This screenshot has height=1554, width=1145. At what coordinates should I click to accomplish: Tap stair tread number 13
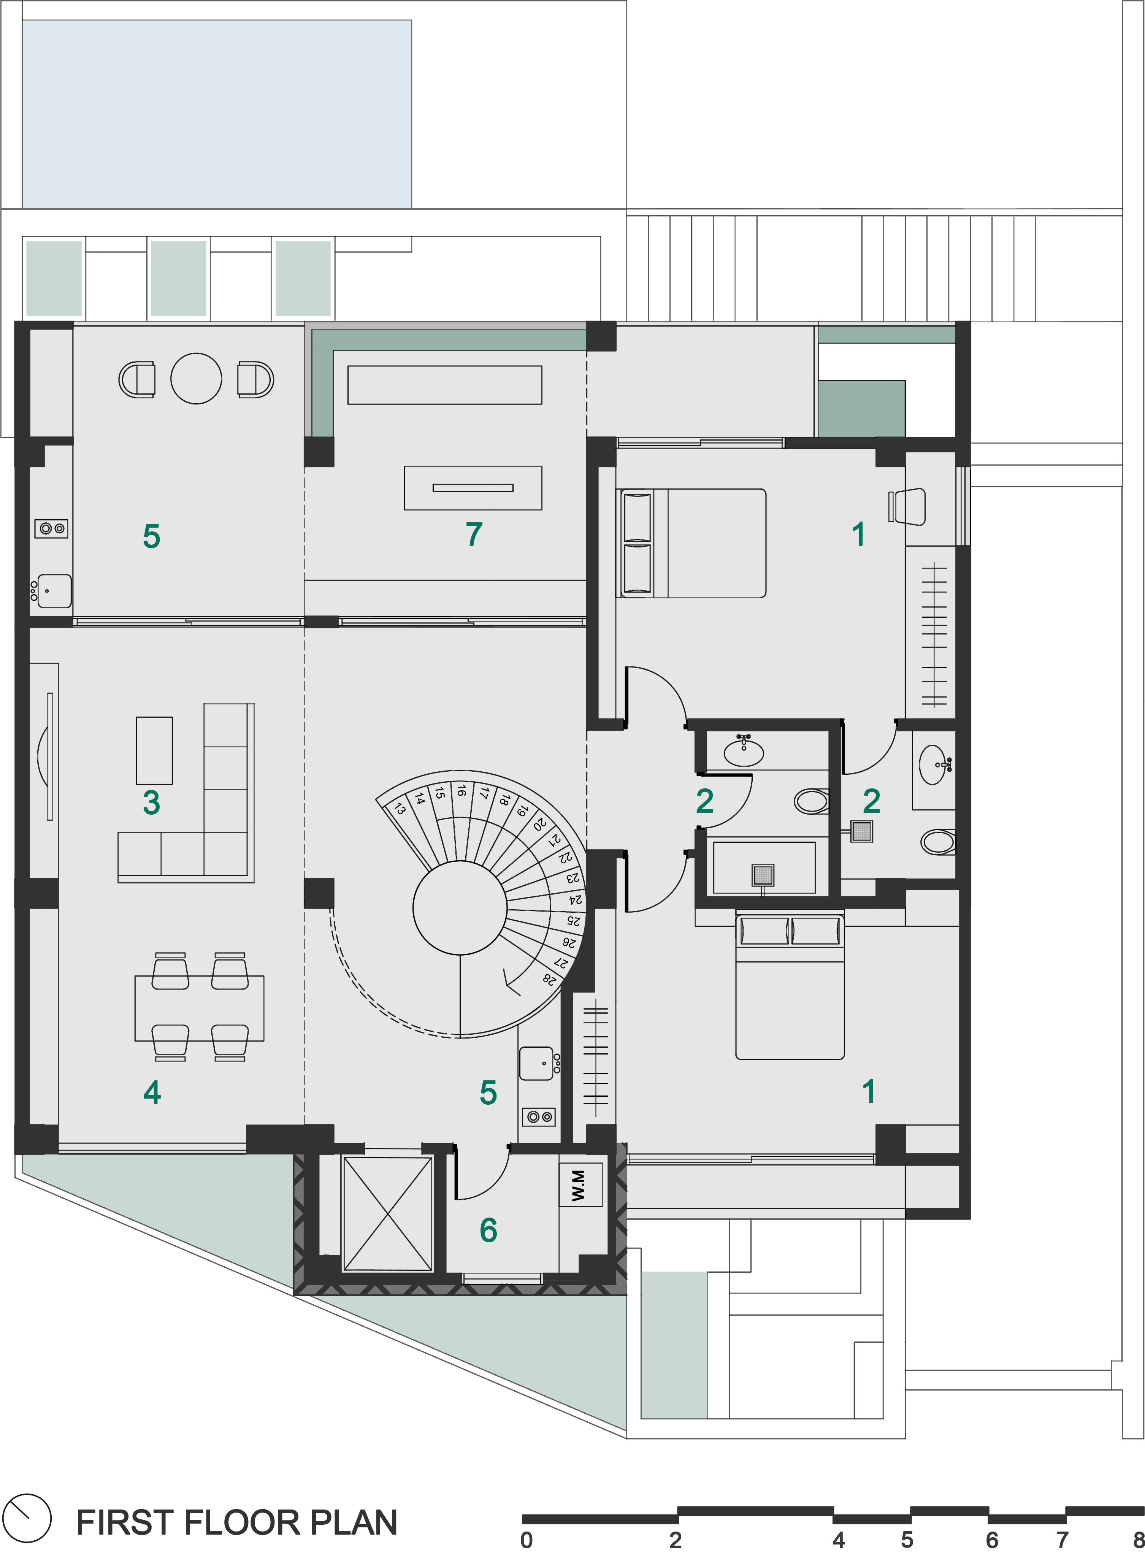point(400,808)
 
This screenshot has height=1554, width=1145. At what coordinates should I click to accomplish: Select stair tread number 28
point(550,979)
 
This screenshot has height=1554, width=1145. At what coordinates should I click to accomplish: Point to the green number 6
point(488,1230)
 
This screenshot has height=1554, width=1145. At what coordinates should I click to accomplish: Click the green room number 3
point(151,802)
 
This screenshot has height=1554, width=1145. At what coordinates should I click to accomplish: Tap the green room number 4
point(152,1093)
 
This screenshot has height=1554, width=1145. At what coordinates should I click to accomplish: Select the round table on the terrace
point(196,379)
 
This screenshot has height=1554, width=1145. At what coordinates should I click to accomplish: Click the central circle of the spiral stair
point(460,908)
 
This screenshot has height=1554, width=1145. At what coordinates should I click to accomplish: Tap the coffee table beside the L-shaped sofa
point(154,750)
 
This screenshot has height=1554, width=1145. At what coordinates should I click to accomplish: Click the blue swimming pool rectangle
point(217,114)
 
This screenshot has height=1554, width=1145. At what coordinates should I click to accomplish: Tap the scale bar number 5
point(907,1540)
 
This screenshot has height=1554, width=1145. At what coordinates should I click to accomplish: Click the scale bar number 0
point(527,1540)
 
